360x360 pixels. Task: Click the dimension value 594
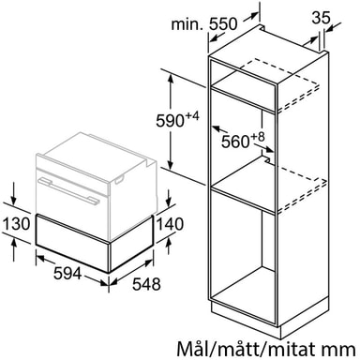[67, 274]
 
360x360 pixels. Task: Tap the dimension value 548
[146, 284]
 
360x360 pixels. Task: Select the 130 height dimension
[16, 224]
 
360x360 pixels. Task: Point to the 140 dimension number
[170, 224]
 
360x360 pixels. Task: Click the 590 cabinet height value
[170, 121]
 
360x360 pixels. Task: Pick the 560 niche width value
[235, 142]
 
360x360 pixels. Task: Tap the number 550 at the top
[223, 23]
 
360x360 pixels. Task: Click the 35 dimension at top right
[321, 18]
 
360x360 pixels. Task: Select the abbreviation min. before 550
[187, 24]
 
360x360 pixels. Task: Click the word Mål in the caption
[192, 348]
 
